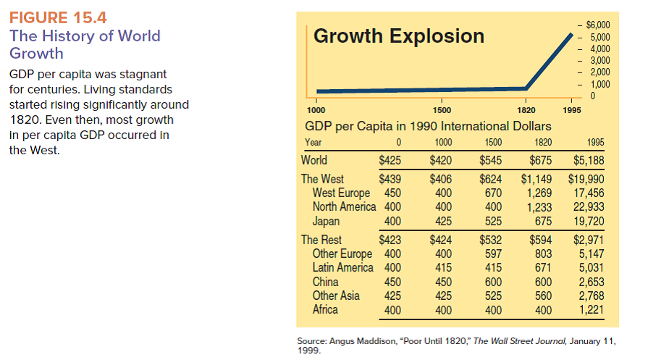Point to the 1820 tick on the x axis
coord(526,109)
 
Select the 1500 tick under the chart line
coord(442,109)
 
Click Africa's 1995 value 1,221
coord(592,309)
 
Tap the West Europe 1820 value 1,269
coord(538,193)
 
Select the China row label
coord(326,282)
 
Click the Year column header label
coord(314,143)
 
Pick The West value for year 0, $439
coord(391,179)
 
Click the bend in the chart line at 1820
coord(527,88)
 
